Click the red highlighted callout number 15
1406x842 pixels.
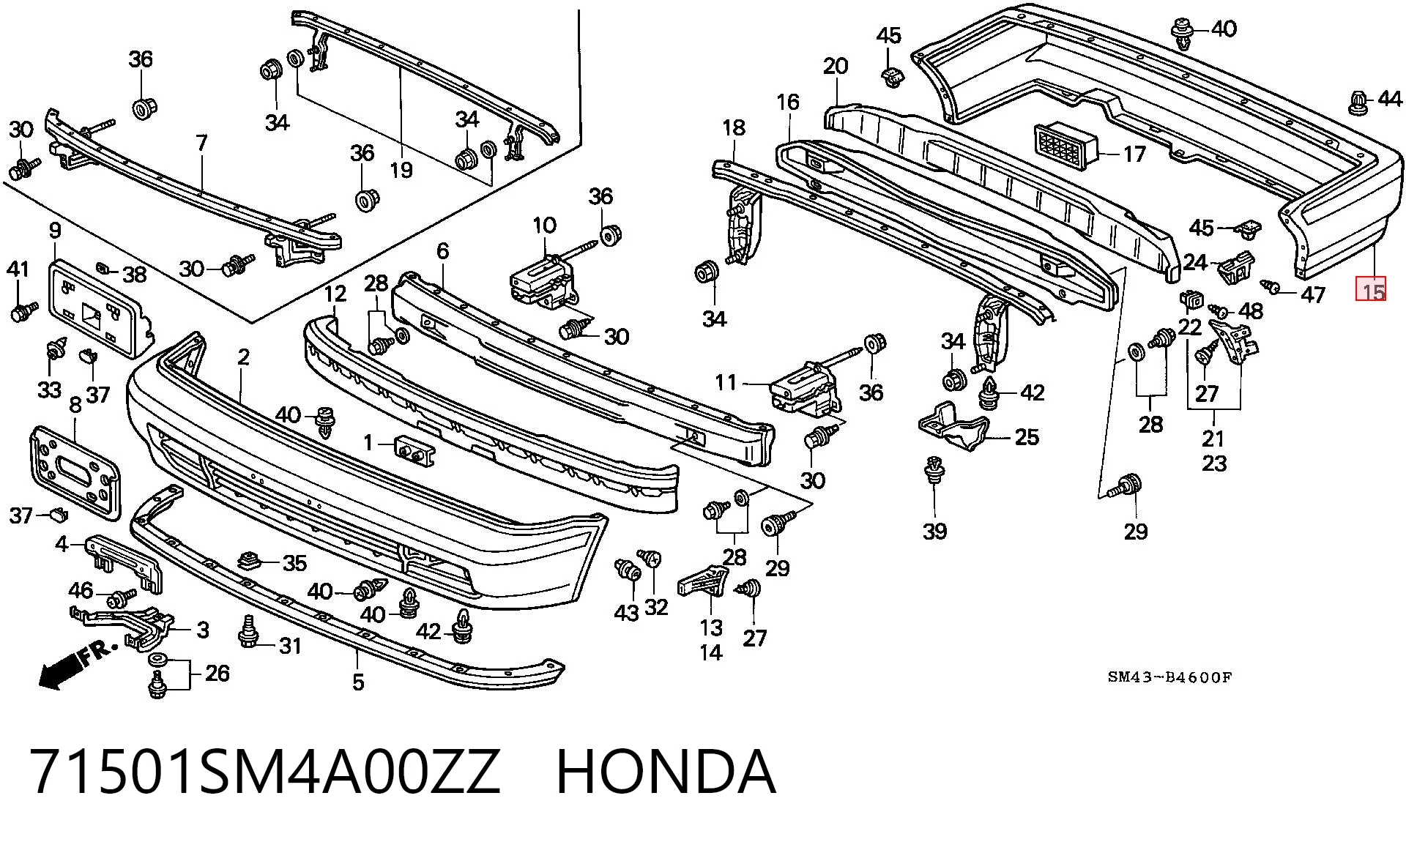[x=1372, y=289]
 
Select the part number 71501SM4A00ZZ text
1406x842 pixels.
[x=266, y=772]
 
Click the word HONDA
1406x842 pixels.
[x=666, y=772]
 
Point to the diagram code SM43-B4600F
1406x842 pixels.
[x=1169, y=677]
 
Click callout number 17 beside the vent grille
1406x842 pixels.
[x=1134, y=154]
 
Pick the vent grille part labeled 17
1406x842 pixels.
[x=1066, y=146]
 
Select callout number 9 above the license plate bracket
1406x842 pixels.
[x=56, y=231]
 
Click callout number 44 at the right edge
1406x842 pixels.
[x=1388, y=98]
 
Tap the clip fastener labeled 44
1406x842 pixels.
[x=1358, y=103]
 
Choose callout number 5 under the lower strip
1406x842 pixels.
[x=358, y=682]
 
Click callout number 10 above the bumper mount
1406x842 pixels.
[x=544, y=225]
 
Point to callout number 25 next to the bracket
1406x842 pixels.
[x=1027, y=437]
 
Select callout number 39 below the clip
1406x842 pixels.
[x=934, y=531]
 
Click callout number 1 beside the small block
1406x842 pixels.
[x=368, y=442]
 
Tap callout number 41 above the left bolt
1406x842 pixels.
[x=18, y=269]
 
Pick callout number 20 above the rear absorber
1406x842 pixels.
[x=835, y=66]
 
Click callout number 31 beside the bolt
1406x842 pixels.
[x=290, y=646]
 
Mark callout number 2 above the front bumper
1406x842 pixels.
[x=243, y=357]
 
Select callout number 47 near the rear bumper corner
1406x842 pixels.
[x=1313, y=294]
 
